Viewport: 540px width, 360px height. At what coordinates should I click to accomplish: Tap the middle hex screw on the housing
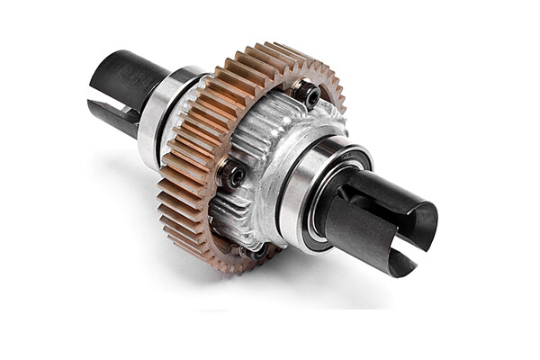tap(231, 175)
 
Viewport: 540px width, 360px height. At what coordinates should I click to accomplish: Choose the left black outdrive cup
tap(126, 90)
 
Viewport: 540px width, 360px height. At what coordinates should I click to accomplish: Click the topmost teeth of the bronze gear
tap(270, 49)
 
